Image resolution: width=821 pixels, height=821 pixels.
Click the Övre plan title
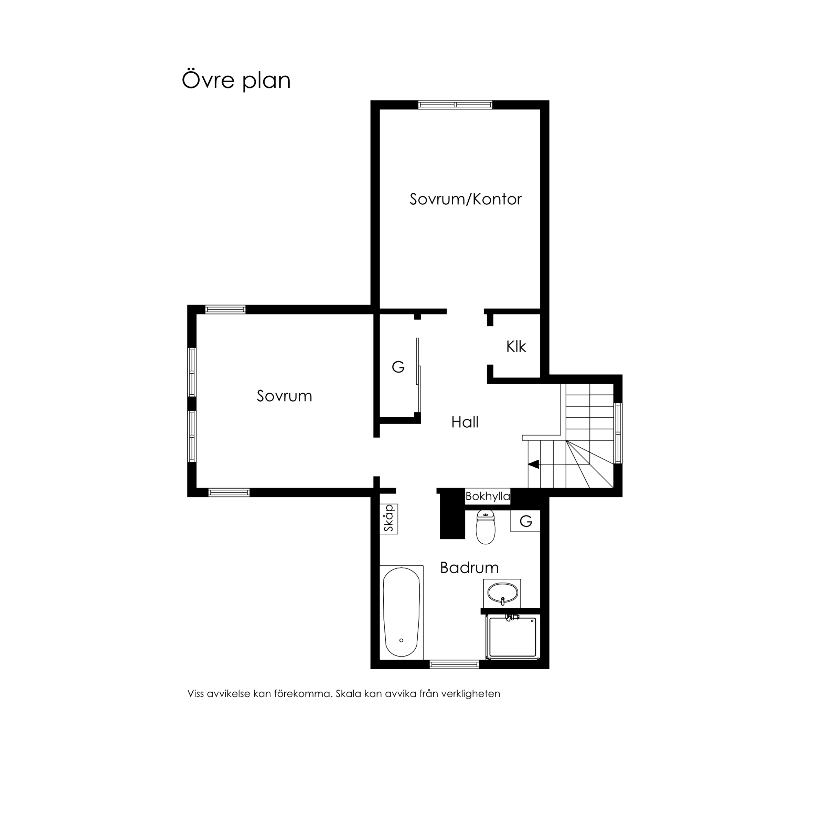click(x=236, y=80)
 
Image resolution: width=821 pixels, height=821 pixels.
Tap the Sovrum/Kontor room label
click(x=465, y=199)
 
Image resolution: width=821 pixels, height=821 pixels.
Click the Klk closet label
click(x=516, y=346)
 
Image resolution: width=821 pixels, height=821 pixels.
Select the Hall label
click(x=465, y=422)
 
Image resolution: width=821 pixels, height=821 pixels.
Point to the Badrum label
click(x=469, y=568)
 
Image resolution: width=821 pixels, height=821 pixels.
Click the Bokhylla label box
click(x=488, y=496)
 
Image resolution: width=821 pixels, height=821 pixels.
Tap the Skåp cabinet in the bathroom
click(x=389, y=519)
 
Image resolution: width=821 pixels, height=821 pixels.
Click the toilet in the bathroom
click(x=486, y=527)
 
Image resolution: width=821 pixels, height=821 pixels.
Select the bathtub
click(x=401, y=612)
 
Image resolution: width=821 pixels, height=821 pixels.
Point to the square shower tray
click(x=512, y=637)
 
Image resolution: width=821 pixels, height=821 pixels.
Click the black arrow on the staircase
click(x=534, y=464)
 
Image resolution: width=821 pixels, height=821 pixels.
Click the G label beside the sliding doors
click(x=398, y=366)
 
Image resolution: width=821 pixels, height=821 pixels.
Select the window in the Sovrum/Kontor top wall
click(x=455, y=105)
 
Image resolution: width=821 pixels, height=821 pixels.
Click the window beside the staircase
click(x=618, y=433)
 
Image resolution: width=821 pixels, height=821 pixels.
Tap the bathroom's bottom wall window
click(x=454, y=664)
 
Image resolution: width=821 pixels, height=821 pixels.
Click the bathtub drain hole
click(x=401, y=640)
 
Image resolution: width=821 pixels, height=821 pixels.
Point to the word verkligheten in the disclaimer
click(x=471, y=694)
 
